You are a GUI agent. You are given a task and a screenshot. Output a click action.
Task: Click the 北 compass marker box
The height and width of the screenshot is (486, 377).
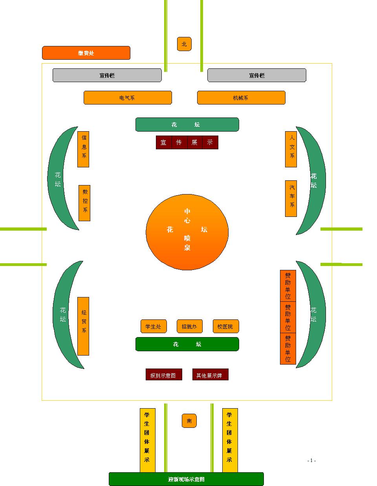[184, 44]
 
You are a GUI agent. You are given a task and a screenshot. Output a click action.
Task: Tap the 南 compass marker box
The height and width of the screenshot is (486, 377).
[189, 421]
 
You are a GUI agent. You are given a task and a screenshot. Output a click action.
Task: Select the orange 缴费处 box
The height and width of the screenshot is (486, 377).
[86, 53]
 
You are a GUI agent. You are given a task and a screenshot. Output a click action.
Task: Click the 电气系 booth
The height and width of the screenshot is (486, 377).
[128, 98]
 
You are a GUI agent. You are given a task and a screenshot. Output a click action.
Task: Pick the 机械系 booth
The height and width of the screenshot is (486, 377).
[241, 98]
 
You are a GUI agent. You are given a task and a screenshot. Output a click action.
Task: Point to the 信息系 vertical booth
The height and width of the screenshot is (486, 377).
[83, 149]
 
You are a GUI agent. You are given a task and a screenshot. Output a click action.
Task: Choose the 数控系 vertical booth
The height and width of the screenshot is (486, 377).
[84, 203]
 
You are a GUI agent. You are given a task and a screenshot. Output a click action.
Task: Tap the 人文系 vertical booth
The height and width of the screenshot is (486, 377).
[291, 149]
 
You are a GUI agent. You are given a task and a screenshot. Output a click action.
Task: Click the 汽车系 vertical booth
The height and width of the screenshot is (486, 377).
[291, 198]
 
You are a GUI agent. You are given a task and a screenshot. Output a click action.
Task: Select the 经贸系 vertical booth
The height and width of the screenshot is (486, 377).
[83, 326]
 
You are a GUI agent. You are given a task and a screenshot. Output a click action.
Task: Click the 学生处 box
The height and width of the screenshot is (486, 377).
[154, 326]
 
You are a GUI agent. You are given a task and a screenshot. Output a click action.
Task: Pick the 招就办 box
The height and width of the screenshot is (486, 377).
[190, 326]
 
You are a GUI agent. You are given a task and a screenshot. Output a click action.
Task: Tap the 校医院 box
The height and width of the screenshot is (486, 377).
[226, 326]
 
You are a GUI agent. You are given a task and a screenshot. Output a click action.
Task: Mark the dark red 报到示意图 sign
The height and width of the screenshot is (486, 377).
[164, 375]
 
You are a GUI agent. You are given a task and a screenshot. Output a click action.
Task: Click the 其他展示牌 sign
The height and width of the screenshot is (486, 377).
[210, 375]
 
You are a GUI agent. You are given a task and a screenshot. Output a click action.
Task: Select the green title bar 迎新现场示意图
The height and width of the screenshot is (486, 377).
[186, 479]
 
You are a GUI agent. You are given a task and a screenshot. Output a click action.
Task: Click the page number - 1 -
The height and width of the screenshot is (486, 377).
[311, 460]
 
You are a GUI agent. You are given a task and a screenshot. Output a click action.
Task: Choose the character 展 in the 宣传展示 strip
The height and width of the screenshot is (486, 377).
[195, 143]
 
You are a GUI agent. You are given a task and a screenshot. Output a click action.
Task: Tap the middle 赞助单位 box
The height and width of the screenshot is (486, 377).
[288, 317]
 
